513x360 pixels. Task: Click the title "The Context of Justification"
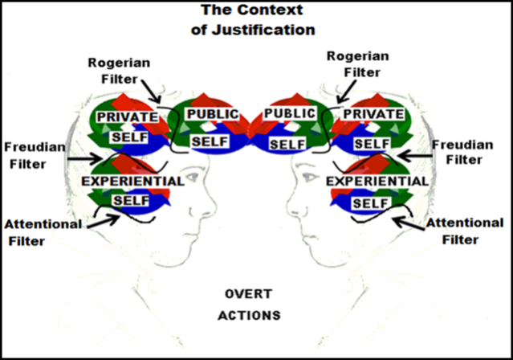point(258,22)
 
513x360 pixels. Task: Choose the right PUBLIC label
point(289,113)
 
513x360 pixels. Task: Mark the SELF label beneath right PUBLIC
point(285,144)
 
